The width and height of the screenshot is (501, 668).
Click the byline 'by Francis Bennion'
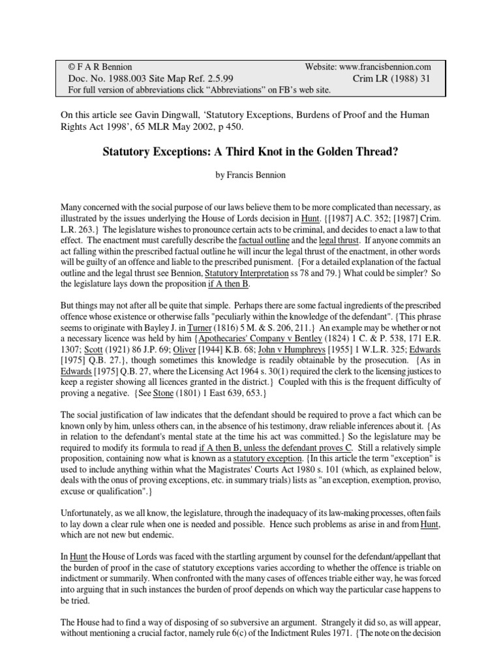pyautogui.click(x=250, y=175)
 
